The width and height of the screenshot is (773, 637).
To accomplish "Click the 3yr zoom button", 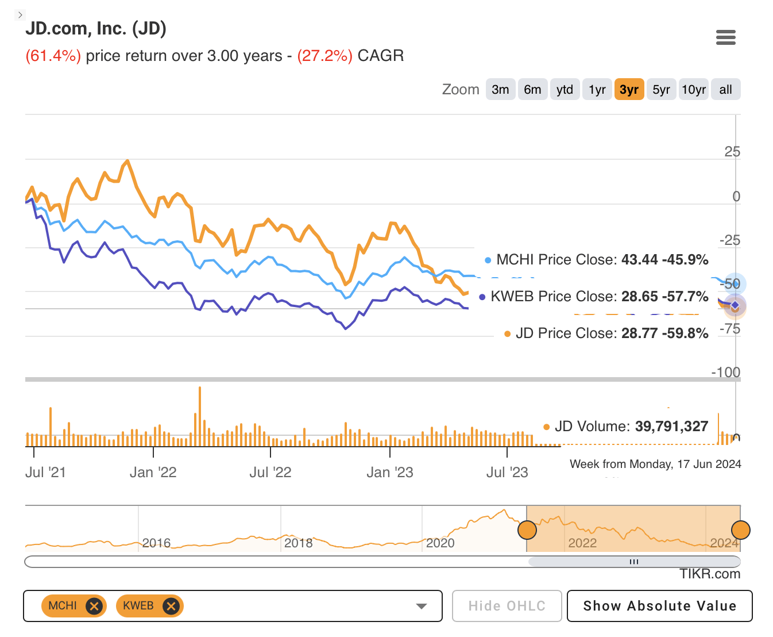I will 629,90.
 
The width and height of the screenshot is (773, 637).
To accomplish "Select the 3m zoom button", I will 500,90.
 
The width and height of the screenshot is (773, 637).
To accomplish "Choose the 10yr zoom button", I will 693,90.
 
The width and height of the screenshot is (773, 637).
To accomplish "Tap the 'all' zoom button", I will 725,90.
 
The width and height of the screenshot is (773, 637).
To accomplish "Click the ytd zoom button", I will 565,90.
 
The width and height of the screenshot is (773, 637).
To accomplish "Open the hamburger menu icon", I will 726,38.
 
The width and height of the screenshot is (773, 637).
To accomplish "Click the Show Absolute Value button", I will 659,606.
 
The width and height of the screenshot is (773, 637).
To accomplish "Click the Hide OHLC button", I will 507,606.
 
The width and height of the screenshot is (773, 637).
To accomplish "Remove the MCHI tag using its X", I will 94,606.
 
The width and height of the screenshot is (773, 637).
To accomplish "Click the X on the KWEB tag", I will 171,606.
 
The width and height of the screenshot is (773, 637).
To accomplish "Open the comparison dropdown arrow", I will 422,606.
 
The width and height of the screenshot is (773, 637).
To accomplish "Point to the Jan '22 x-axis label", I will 153,473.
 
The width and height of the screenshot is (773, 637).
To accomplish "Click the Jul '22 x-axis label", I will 270,473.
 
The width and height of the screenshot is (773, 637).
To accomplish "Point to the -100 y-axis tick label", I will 725,373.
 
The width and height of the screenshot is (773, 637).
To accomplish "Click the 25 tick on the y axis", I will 732,152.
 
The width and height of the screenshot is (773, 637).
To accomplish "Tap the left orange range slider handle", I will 527,529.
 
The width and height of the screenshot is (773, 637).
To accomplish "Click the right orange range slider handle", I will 740,529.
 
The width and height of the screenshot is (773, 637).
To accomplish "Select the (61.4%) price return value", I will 53,56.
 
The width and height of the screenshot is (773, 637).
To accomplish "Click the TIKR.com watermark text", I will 710,574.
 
